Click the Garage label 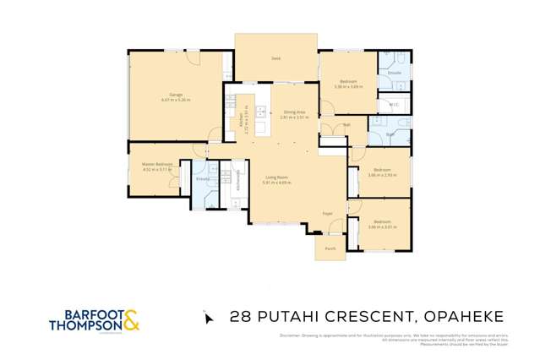176,94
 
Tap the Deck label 275,58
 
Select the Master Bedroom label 158,163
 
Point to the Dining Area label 295,112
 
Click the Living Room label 276,176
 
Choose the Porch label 330,248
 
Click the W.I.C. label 393,105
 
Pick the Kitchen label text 241,118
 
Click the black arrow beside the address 208,318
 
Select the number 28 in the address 241,318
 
